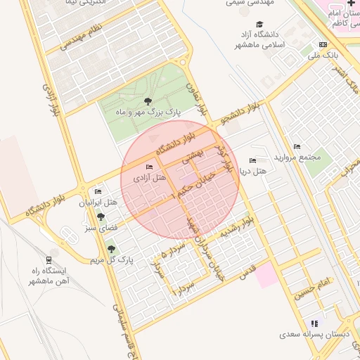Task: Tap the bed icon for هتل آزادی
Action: [x=149, y=167]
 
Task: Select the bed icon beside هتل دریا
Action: [x=253, y=161]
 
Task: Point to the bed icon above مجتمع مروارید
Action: [x=297, y=146]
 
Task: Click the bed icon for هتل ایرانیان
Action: [x=98, y=192]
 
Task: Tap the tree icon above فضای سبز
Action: [x=101, y=217]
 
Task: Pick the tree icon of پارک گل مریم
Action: [x=110, y=249]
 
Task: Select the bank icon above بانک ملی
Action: [x=323, y=44]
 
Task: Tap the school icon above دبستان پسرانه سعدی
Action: [x=314, y=323]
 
